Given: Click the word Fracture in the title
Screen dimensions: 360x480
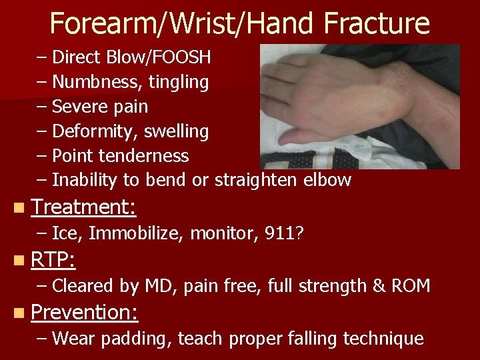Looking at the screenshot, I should tap(377, 23).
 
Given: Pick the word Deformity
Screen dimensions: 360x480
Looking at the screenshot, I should tap(90, 131).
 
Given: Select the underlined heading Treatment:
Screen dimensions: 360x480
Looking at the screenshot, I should tap(83, 207).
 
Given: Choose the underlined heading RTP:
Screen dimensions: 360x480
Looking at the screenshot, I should tap(53, 259).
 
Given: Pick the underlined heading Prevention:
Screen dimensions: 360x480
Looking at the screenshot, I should tap(84, 312).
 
